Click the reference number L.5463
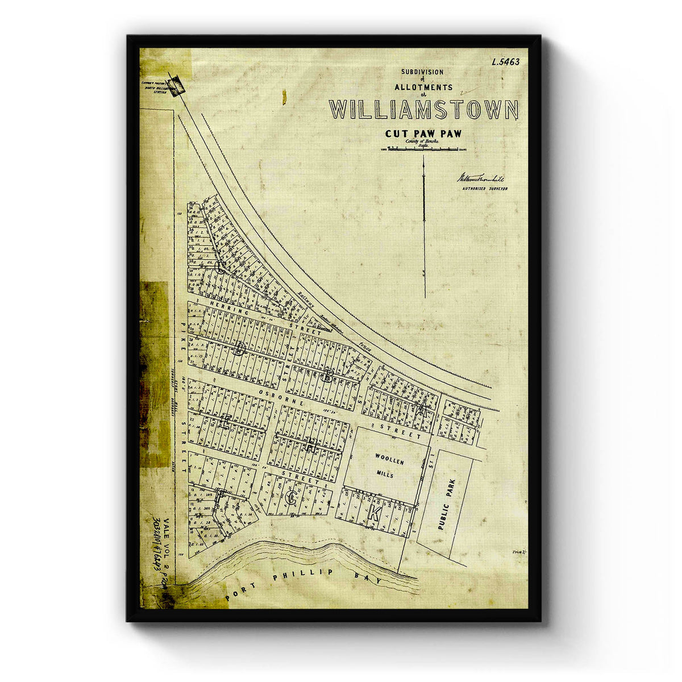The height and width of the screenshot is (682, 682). [505, 62]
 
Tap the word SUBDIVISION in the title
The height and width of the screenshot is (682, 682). [422, 72]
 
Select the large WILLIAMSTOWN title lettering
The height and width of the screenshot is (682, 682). [423, 109]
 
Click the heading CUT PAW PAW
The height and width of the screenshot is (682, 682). [421, 135]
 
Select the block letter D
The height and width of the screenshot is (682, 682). [239, 348]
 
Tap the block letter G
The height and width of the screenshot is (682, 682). [292, 500]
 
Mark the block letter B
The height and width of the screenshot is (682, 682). [328, 375]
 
